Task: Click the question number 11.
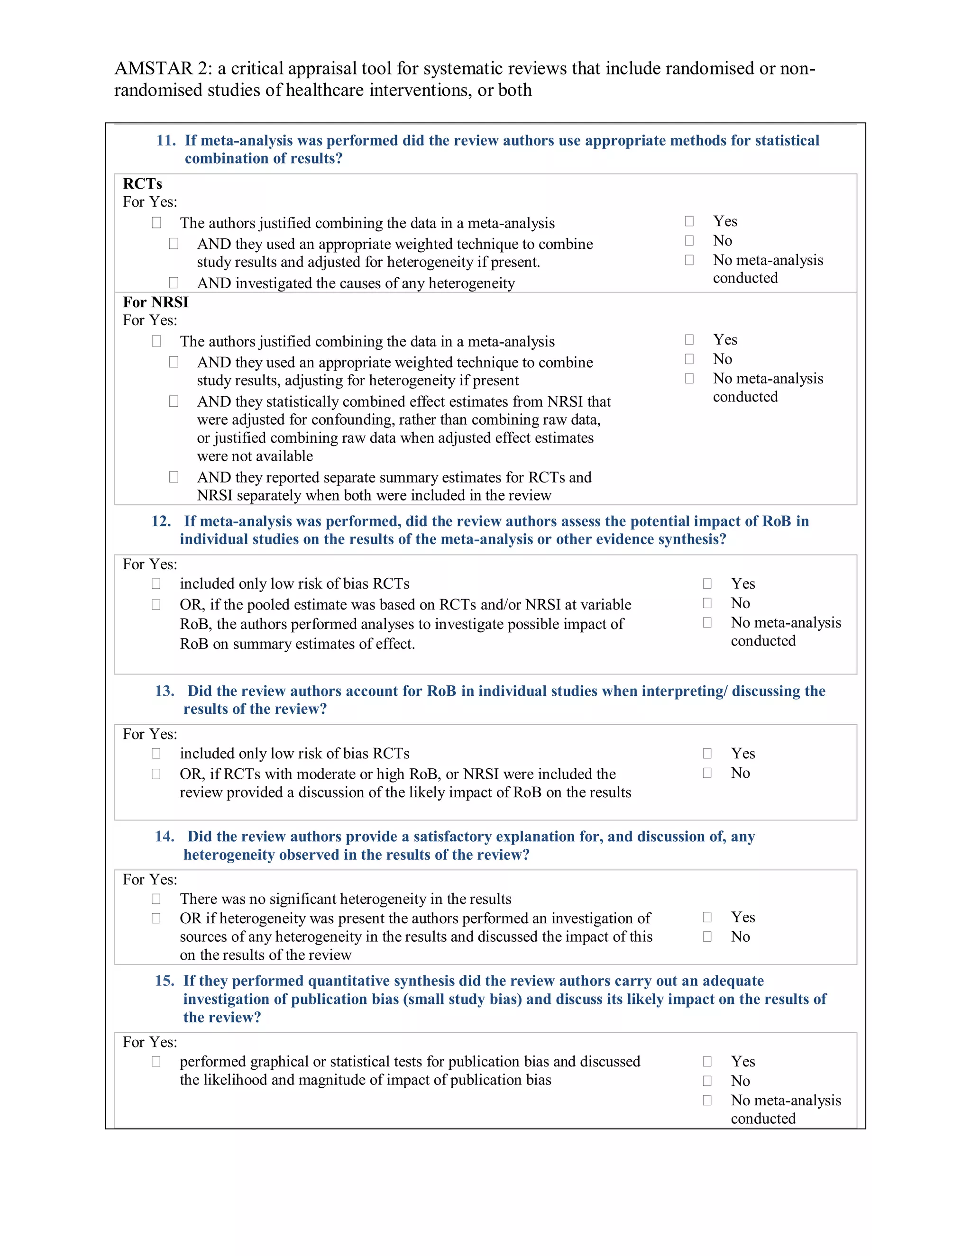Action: coord(165,140)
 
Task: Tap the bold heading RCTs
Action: coord(142,184)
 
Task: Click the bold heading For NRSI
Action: coord(156,302)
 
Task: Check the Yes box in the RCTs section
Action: coord(689,221)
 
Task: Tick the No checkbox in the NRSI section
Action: coord(689,359)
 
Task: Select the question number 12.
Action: coord(161,521)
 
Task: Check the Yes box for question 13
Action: coord(707,754)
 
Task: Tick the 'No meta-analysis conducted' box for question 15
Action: coord(707,1100)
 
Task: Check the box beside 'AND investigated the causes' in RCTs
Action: coord(173,282)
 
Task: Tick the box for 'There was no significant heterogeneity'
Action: coord(156,898)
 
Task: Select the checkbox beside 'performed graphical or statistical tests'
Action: coord(156,1061)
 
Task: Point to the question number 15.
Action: coord(164,981)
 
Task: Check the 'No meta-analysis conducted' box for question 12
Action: coord(707,622)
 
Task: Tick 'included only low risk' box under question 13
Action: coord(156,754)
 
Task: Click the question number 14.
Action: coord(164,837)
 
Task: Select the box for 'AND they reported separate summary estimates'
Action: coord(173,477)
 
